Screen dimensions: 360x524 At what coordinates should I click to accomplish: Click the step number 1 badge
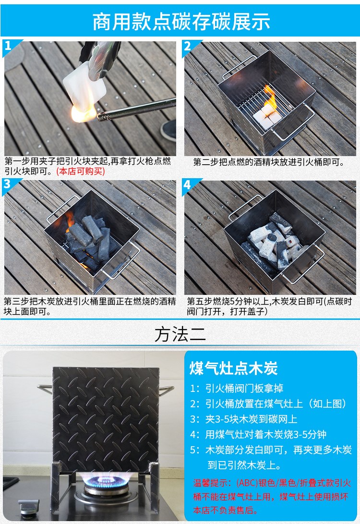coord(9,46)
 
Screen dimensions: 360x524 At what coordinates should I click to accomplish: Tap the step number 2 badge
coord(189,47)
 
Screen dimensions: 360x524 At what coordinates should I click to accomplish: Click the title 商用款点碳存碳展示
coord(181,22)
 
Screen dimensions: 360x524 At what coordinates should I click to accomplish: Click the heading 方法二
coord(180,334)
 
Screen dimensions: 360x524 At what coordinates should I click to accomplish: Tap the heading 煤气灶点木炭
coord(234,368)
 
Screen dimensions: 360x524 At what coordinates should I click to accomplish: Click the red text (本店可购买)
coord(81,171)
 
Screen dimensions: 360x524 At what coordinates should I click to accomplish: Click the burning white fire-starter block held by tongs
coord(84,90)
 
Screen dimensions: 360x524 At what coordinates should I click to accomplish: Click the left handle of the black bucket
coord(45,389)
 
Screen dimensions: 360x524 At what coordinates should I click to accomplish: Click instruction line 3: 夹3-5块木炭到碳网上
coord(244,419)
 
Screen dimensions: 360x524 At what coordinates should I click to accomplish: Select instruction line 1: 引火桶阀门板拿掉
coord(237,389)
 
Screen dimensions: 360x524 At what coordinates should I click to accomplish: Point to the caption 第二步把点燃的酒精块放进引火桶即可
coord(268,162)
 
